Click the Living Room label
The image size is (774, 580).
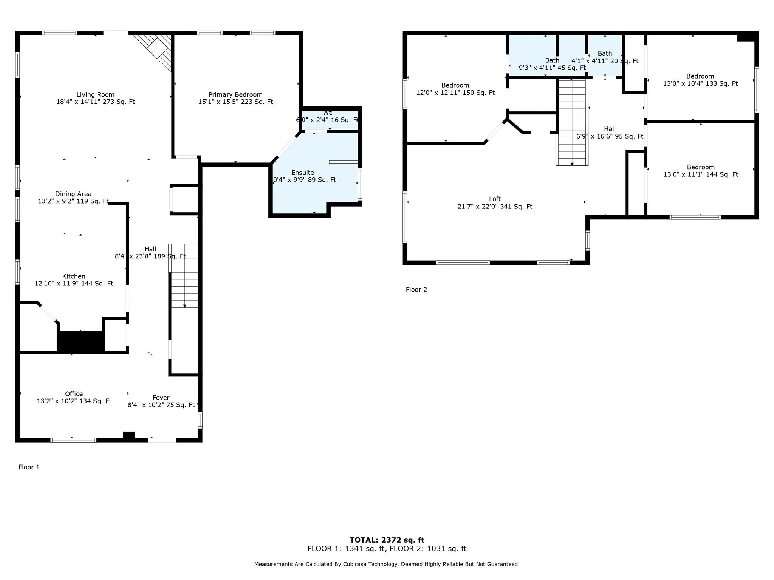coord(95,95)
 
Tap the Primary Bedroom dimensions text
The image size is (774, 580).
coord(235,102)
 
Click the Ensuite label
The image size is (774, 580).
coord(302,173)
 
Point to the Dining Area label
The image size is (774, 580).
coord(73,194)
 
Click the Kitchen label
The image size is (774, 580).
coord(74,276)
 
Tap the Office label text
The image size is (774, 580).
coord(74,394)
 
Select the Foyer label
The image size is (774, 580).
coord(161,398)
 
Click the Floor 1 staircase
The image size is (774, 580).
coord(184,276)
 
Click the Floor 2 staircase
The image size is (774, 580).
coord(572,123)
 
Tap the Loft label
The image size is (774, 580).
coord(495,199)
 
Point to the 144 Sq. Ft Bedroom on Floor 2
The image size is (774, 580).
coord(701,171)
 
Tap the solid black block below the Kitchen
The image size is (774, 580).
coord(80,342)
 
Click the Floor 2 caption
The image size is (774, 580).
coord(416,290)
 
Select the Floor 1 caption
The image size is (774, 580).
coord(29,467)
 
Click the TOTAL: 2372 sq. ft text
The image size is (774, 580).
coord(387,540)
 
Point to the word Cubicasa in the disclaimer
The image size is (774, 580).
coord(355,564)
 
